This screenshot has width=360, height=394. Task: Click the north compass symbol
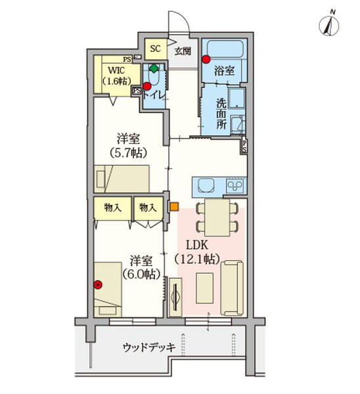(x=329, y=24)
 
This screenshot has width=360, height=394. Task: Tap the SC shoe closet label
(x=155, y=49)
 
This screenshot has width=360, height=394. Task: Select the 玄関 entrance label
(x=183, y=51)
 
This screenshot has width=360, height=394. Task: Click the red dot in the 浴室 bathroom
(x=206, y=59)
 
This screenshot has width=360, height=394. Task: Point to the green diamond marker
(x=154, y=68)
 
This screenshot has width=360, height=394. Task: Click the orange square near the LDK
(x=174, y=207)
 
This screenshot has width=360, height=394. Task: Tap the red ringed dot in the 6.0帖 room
(x=98, y=284)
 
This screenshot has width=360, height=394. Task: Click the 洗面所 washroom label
(x=221, y=114)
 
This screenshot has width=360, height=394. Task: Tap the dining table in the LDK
(x=217, y=217)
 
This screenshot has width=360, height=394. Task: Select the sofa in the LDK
(x=232, y=288)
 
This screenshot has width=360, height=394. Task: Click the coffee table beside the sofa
(x=205, y=288)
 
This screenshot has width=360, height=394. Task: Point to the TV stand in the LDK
(x=175, y=297)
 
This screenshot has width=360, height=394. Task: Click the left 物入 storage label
(x=113, y=208)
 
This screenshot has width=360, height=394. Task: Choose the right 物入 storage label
(x=148, y=208)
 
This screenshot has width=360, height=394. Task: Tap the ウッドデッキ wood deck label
(x=149, y=347)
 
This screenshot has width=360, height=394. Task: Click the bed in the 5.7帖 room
(x=122, y=179)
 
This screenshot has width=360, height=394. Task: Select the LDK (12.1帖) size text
(x=197, y=252)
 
